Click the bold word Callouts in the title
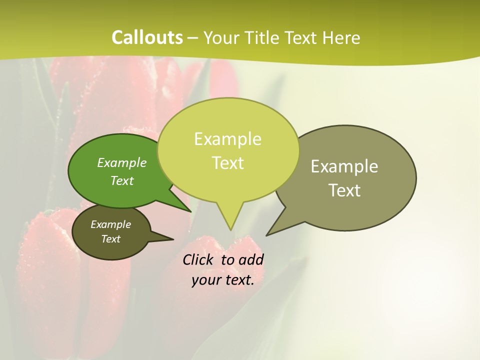[147, 37]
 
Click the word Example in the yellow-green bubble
[227, 139]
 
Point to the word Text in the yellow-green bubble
[227, 163]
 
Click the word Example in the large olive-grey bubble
[344, 166]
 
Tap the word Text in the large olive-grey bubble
[344, 190]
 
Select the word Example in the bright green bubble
[122, 163]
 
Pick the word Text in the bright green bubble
[122, 180]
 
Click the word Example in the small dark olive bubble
[111, 224]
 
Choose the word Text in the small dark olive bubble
[111, 239]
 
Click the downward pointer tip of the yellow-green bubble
[230, 229]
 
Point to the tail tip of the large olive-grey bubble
[267, 235]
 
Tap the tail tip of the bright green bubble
[191, 211]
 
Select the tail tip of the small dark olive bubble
[173, 239]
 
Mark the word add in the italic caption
[251, 259]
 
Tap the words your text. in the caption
[223, 280]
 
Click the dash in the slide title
[193, 38]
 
